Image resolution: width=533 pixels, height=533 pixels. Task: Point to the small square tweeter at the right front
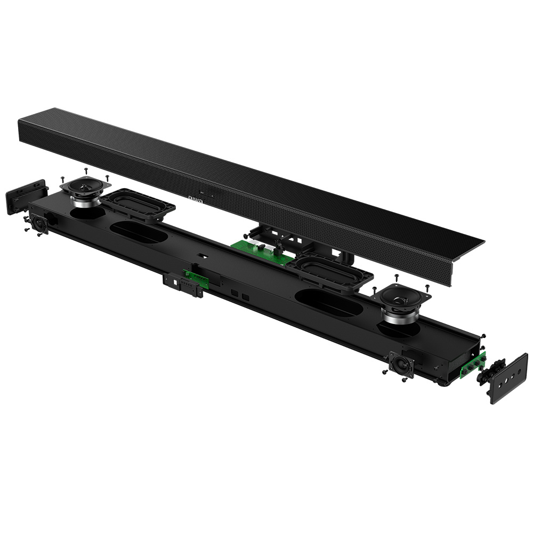[x=401, y=365]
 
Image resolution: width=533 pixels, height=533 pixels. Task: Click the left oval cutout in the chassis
[x=139, y=232]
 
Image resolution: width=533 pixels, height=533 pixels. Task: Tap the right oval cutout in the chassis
[x=328, y=302]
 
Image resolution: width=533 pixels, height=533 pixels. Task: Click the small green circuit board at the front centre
[x=196, y=278]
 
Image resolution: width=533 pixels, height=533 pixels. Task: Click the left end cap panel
[x=25, y=196]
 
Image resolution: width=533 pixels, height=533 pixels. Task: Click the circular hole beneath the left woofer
[x=88, y=213]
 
